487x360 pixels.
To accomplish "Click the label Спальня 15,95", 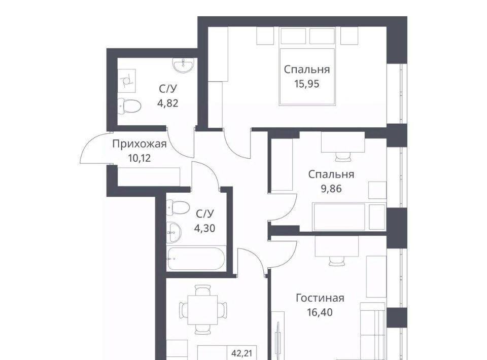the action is (x=306, y=77).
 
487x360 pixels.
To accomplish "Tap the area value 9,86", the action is (x=331, y=189).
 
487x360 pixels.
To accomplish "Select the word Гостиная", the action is (x=320, y=298).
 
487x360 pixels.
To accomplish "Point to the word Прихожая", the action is (x=140, y=144).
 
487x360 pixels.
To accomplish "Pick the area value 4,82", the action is (x=168, y=103).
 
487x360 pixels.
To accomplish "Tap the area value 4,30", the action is (x=204, y=228).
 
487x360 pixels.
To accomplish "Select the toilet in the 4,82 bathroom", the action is (x=129, y=106).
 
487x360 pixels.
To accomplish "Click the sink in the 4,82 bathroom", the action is (x=184, y=65).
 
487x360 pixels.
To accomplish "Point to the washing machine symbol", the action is (x=127, y=81).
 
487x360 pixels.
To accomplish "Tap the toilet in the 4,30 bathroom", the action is (x=178, y=207).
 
